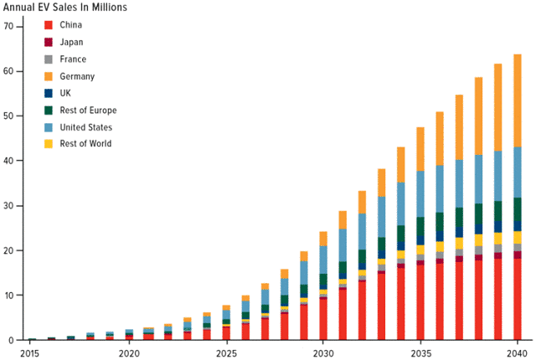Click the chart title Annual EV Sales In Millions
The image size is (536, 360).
coord(66,8)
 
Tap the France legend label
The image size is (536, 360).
coord(74,59)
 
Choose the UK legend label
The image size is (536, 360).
coord(67,93)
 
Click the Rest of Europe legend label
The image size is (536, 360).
coord(88,111)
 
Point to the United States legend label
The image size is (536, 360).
coord(86,127)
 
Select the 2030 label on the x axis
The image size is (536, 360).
coord(322,353)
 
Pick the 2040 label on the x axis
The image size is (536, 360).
coord(517,353)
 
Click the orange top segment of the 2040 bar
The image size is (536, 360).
coord(517,100)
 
